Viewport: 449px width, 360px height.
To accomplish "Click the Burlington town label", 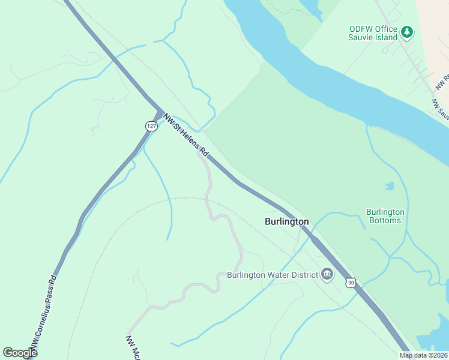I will point(287,221).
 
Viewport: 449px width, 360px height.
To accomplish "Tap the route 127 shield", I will point(151,125).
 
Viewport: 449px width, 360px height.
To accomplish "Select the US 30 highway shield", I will point(351,281).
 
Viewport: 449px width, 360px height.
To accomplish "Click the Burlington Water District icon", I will point(327,275).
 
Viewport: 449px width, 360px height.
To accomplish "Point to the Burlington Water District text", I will point(272,275).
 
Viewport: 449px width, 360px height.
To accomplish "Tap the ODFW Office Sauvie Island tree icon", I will point(407,32).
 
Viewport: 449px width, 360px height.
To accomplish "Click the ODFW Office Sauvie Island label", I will point(373,33).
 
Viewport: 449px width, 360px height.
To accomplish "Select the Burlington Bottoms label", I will point(385,216).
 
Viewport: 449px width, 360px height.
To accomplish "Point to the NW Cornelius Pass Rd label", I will point(45,312).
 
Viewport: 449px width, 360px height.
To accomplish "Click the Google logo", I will point(20,353).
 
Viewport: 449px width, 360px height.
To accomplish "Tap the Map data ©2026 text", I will point(423,355).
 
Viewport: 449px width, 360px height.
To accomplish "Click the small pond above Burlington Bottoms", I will point(390,186).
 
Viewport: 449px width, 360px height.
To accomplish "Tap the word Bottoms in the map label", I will point(385,220).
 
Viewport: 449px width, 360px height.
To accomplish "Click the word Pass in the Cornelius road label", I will point(47,302).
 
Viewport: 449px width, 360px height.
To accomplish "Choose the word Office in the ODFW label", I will point(386,29).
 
